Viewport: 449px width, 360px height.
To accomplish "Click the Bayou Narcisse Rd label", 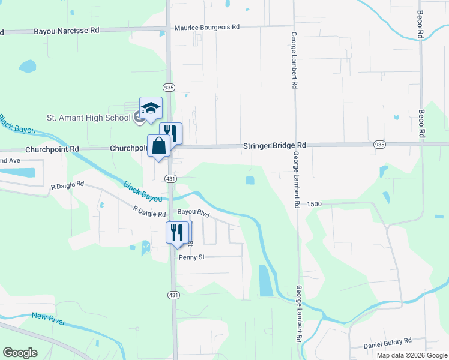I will click(x=66, y=30).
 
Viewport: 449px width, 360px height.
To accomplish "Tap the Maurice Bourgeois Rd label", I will click(x=206, y=28).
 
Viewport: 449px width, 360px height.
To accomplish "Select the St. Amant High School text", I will click(x=89, y=118).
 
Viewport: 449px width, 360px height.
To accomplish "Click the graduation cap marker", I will click(x=151, y=108).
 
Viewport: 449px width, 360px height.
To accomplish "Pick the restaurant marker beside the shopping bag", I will click(x=170, y=133).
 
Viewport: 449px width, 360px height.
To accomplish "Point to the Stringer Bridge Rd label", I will click(x=274, y=145).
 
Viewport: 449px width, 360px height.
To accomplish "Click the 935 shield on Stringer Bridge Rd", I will click(x=379, y=145).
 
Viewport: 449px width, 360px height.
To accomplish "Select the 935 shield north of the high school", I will click(x=169, y=87).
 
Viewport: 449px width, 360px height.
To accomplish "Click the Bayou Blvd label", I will click(x=193, y=213).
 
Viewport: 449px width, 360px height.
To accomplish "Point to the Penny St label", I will click(x=193, y=257).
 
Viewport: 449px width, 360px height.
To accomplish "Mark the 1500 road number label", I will click(x=314, y=204).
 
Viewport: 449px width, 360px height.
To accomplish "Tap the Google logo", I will click(x=20, y=353).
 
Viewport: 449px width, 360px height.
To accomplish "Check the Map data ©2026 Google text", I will click(x=412, y=355).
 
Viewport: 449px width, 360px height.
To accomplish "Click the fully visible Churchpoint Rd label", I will click(x=52, y=149).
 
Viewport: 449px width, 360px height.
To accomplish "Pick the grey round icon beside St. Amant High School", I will click(x=139, y=118).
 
